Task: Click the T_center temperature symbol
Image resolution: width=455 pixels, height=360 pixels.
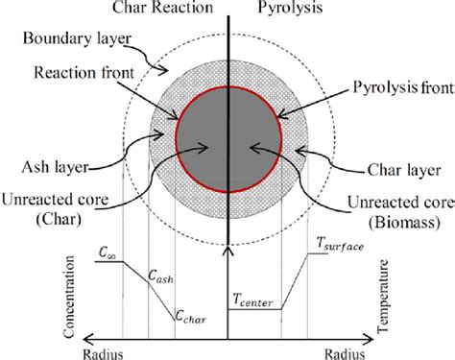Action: click(254, 302)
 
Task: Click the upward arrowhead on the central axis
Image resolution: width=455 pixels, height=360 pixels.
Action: click(227, 249)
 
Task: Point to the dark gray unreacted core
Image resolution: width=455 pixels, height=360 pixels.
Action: click(227, 144)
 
